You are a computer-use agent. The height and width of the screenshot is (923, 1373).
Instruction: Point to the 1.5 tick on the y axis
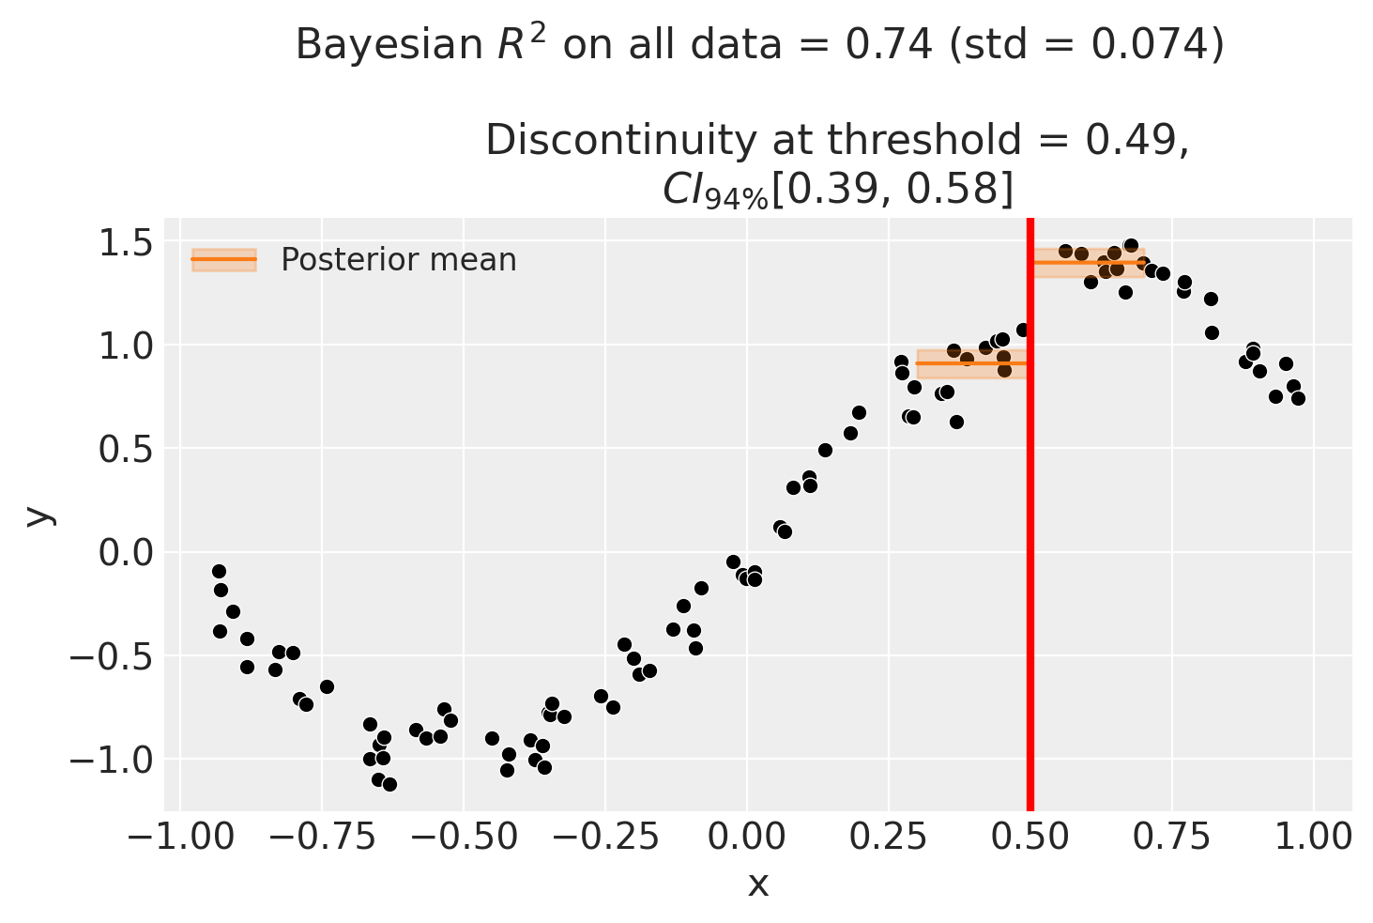coord(126,243)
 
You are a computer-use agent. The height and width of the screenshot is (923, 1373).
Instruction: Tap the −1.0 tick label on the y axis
coord(112,760)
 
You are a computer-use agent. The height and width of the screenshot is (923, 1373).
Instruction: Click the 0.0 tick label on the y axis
coord(126,553)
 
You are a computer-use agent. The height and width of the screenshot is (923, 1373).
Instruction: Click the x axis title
coord(757,885)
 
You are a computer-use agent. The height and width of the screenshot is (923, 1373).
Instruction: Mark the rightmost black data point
coord(1298,398)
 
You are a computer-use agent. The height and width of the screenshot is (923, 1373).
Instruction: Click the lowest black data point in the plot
coord(389,784)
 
